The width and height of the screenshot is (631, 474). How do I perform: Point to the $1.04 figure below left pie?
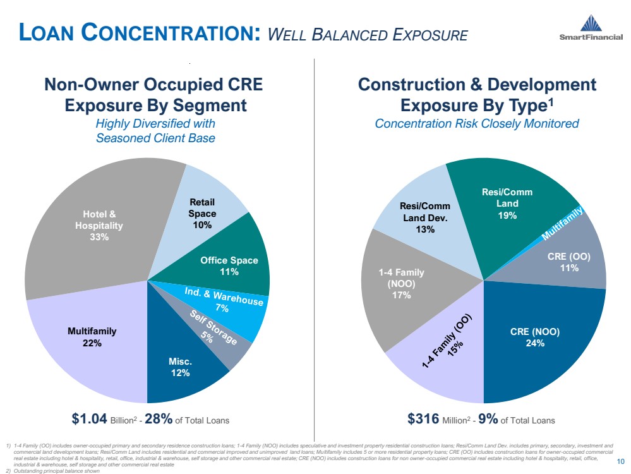coord(89,419)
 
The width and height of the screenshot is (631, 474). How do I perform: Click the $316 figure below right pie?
coord(424,419)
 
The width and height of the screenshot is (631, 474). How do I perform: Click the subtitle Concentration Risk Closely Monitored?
coord(477,123)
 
